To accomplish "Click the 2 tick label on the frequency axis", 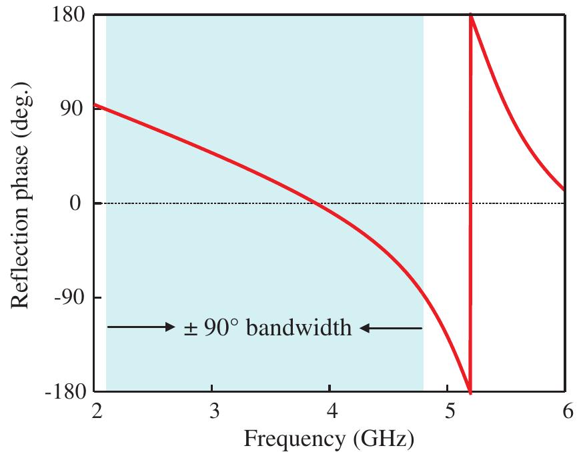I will [x=95, y=410].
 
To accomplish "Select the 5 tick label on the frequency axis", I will [x=448, y=410].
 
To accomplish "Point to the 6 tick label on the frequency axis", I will [x=566, y=410].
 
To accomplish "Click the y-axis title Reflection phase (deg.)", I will [x=20, y=204].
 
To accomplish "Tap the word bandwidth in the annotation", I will [x=299, y=327].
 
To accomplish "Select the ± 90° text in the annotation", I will [x=211, y=327].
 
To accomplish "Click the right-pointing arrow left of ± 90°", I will [x=140, y=327].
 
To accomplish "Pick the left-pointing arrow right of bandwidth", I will [x=391, y=327].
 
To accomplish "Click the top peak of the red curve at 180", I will [x=471, y=16].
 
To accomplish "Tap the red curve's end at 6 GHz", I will [x=564, y=190].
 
